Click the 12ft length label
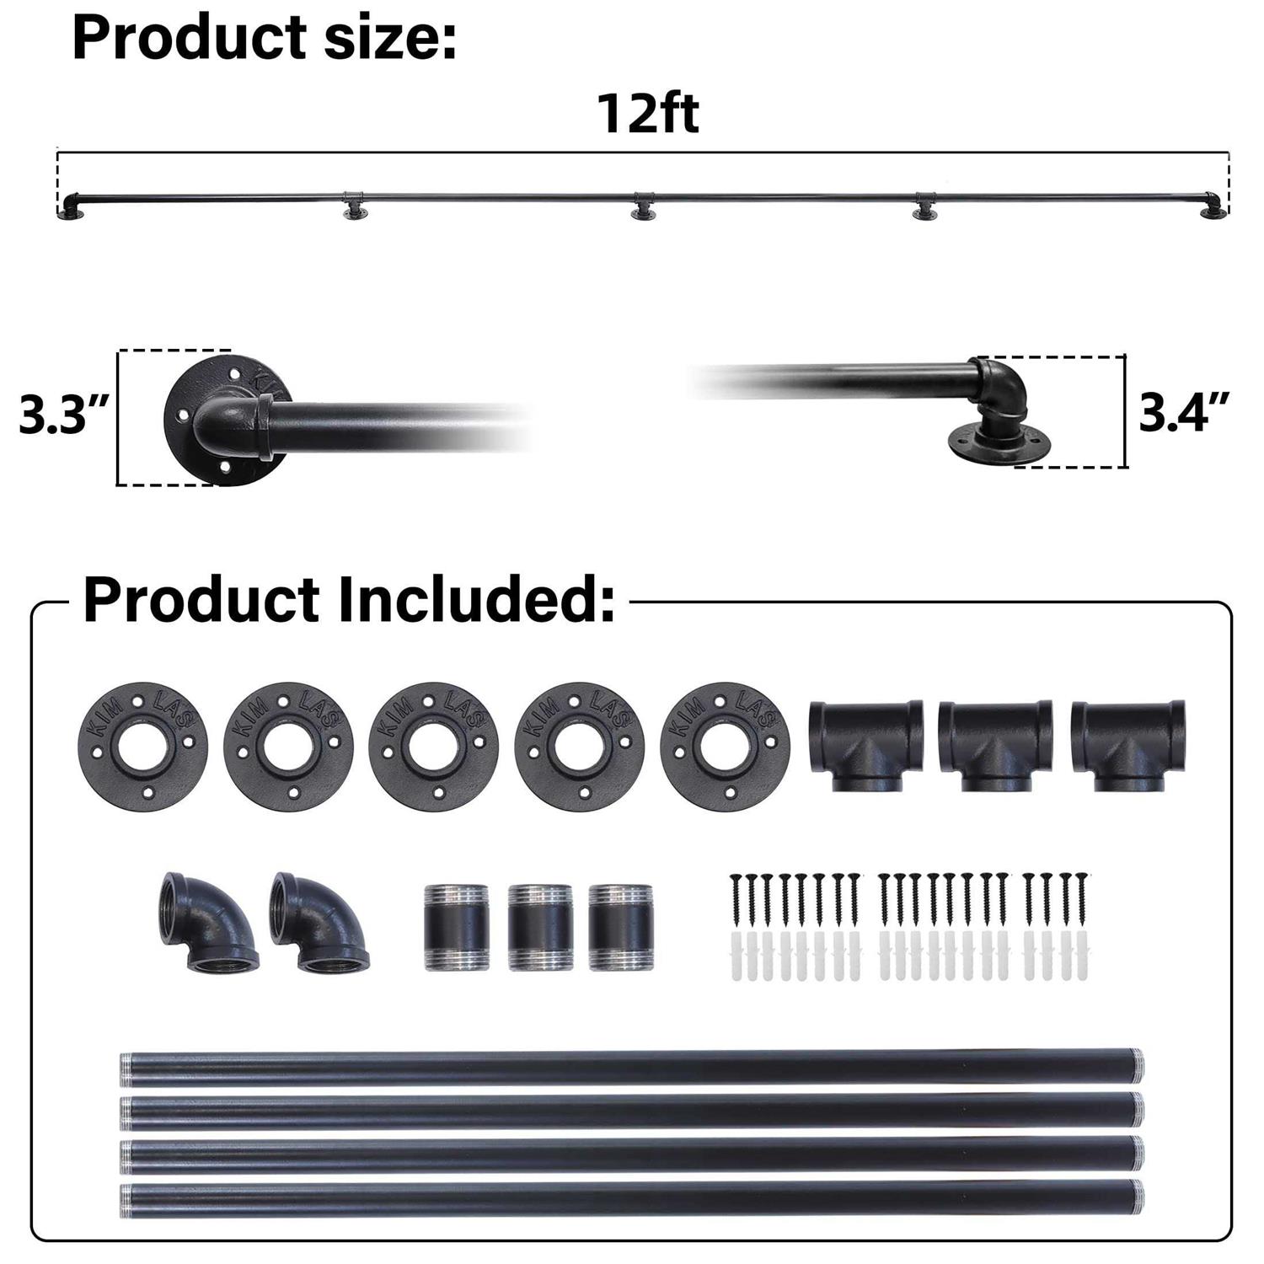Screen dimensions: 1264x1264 (x=648, y=114)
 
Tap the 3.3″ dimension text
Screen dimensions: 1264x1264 (x=64, y=416)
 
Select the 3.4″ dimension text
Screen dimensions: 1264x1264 (x=1182, y=413)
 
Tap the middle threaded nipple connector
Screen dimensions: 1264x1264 (x=540, y=927)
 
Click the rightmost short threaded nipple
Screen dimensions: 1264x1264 (x=620, y=927)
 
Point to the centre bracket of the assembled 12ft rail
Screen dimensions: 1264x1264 (x=645, y=206)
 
